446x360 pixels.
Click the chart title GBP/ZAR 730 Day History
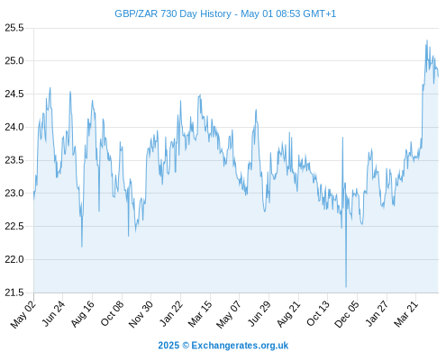coord(173,13)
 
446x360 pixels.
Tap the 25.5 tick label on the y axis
coord(14,28)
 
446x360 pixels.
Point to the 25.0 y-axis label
coord(14,61)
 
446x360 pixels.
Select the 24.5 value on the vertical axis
coord(14,94)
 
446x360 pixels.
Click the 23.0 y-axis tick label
coord(14,193)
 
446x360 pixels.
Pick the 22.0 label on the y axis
coord(14,259)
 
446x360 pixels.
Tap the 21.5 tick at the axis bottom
coord(14,292)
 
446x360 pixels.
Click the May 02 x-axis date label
coord(23,314)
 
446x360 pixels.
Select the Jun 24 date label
coord(53,313)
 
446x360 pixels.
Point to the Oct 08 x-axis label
coord(112,313)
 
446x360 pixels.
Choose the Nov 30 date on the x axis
coord(141,314)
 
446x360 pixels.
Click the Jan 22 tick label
coord(171,313)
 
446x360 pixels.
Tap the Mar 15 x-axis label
coord(200,314)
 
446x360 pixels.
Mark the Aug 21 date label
coord(288,314)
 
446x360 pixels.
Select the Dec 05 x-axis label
coord(347,314)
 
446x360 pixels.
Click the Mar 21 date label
coord(406,314)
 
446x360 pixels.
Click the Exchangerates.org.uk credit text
coord(240,346)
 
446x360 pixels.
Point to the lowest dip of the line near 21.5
coord(346,287)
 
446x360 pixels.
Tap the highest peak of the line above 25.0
coord(427,40)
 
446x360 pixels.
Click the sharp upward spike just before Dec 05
coord(342,138)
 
